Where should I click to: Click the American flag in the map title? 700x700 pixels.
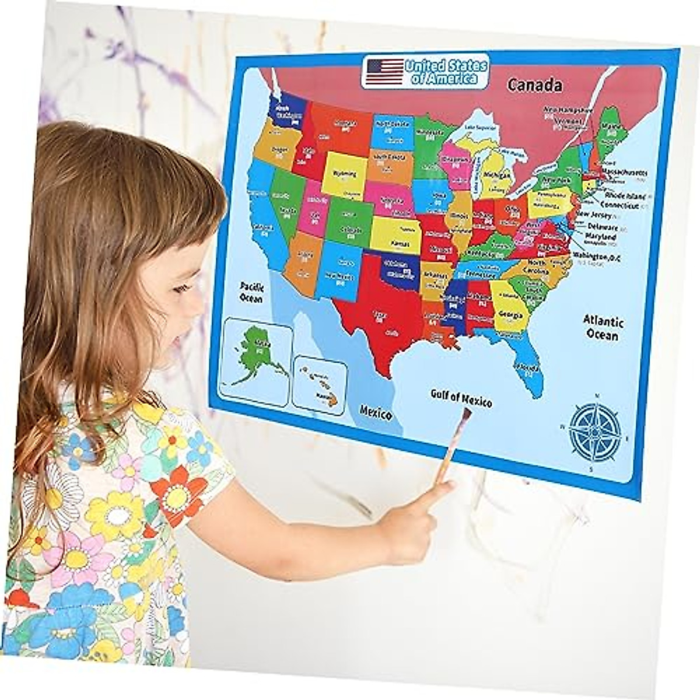(383, 68)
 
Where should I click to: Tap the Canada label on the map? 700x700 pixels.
(534, 85)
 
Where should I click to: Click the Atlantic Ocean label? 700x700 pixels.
(603, 327)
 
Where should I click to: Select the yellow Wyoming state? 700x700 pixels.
(344, 173)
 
